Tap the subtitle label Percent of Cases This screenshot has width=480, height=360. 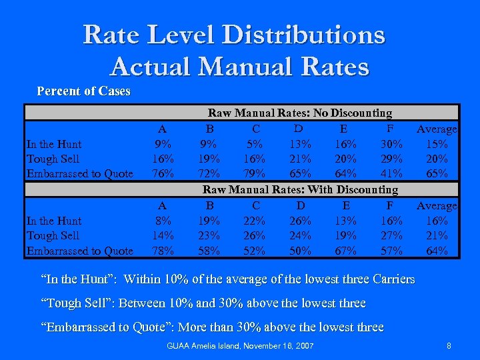[83, 91]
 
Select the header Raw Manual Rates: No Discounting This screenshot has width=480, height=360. [300, 113]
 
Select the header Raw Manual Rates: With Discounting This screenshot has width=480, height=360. [300, 190]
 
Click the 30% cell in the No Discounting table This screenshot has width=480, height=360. [389, 144]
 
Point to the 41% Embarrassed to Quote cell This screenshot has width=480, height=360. [389, 173]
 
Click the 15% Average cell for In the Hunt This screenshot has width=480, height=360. [437, 144]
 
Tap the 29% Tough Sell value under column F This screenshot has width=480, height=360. [389, 159]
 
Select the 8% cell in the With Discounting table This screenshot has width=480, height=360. [163, 221]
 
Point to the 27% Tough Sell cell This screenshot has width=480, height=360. [389, 235]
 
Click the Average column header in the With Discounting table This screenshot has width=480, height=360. [437, 206]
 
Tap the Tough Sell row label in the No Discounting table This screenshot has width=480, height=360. [53, 159]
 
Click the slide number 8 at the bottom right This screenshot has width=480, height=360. [449, 346]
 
